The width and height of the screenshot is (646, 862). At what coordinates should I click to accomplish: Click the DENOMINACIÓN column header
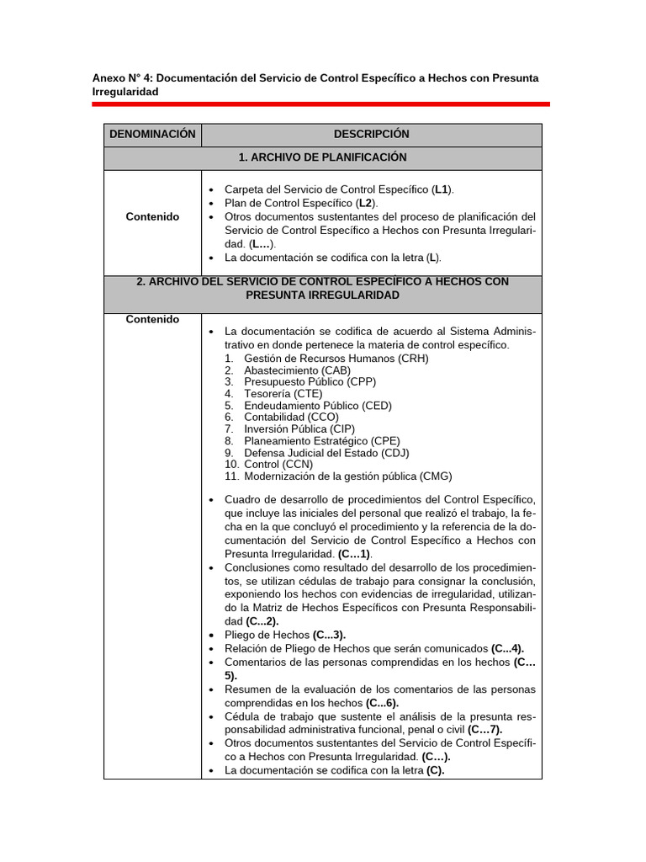(152, 135)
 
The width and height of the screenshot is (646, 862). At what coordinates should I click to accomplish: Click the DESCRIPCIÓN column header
(371, 135)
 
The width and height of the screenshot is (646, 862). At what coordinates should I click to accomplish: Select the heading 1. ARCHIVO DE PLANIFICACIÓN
(322, 158)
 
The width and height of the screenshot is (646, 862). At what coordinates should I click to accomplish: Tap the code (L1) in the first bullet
(442, 190)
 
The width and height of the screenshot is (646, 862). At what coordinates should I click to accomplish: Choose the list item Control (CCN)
(278, 465)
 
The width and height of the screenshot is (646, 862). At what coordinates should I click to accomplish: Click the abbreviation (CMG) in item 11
(436, 476)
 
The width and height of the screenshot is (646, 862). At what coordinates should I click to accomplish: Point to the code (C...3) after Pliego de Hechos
(328, 636)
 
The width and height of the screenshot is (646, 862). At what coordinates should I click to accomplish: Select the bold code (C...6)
(382, 703)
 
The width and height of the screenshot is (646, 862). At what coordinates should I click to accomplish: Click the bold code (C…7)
(484, 730)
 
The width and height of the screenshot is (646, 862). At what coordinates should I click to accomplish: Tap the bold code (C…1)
(355, 555)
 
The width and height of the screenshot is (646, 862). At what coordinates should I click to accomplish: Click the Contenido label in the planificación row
(152, 217)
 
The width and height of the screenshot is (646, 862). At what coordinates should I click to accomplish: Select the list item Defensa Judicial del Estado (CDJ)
(326, 453)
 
